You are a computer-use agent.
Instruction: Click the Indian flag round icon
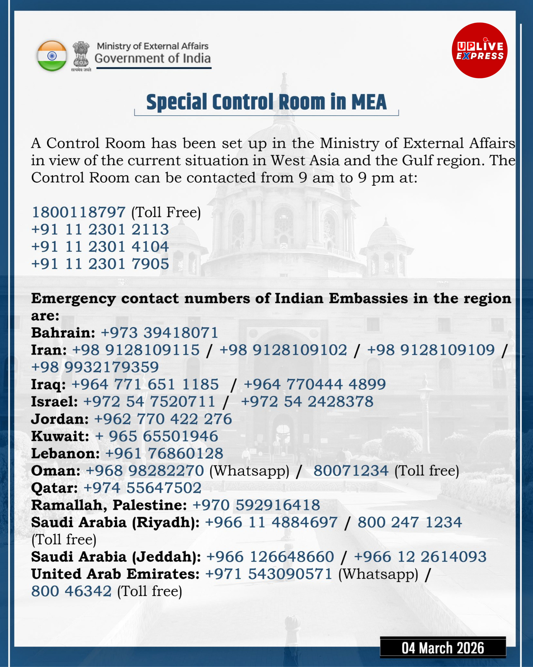[52, 56]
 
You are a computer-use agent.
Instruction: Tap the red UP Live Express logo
[480, 50]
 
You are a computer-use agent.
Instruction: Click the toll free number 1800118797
[79, 212]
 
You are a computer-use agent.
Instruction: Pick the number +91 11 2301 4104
[100, 247]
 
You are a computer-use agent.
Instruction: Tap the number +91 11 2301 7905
[100, 264]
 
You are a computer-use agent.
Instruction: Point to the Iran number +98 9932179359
[95, 367]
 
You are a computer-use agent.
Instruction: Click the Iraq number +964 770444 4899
[315, 384]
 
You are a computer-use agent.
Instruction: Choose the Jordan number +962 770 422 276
[163, 419]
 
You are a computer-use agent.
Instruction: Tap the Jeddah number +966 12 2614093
[420, 557]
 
